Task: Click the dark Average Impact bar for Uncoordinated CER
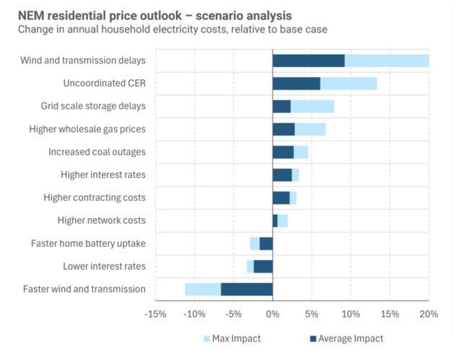(x=296, y=84)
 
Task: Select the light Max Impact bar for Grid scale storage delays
(x=312, y=107)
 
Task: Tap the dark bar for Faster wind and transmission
(x=246, y=289)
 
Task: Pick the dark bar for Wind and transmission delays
(x=308, y=60)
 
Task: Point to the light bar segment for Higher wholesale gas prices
(x=310, y=129)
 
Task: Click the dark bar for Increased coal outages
(x=282, y=152)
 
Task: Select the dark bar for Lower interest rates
(x=263, y=266)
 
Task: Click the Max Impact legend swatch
(x=207, y=338)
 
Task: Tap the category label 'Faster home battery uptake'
(x=88, y=243)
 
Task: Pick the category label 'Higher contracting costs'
(x=94, y=197)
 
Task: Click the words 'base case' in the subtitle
(x=304, y=29)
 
